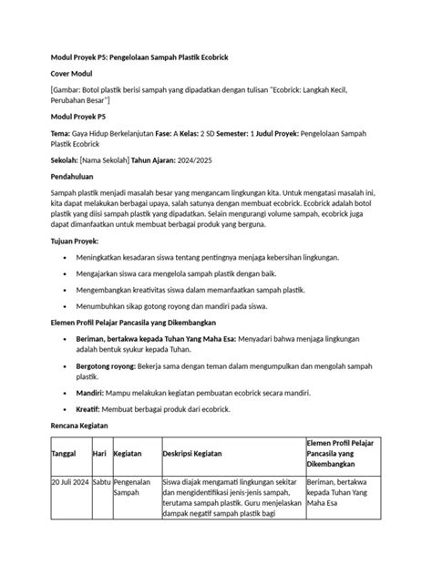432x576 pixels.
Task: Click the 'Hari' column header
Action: tap(101, 478)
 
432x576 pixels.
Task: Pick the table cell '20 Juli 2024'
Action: tap(69, 506)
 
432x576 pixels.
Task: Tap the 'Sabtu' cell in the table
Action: tap(102, 506)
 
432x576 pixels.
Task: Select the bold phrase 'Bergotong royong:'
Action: tap(114, 363)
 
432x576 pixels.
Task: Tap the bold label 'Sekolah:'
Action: tap(68, 157)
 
